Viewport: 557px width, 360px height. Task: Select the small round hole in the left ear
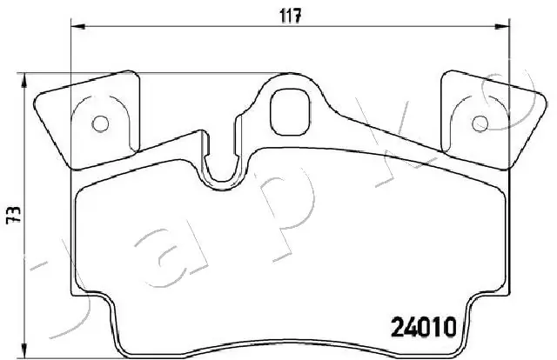pos(100,123)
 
